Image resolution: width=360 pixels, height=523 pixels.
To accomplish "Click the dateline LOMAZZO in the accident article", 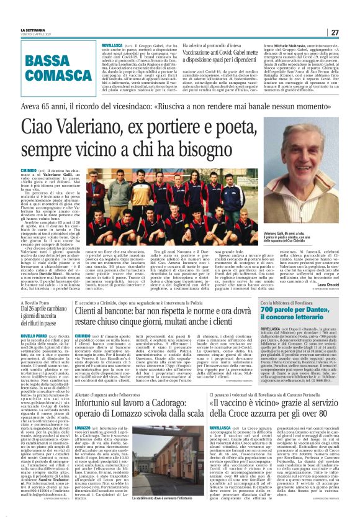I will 83,445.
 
